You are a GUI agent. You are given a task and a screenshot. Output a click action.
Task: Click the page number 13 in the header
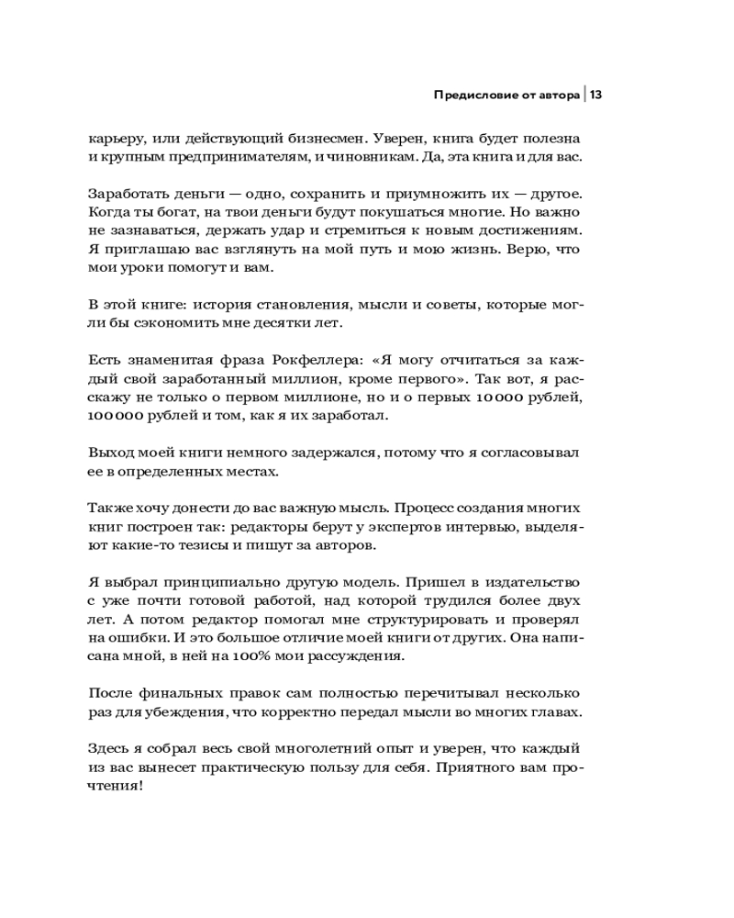[x=595, y=95]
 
